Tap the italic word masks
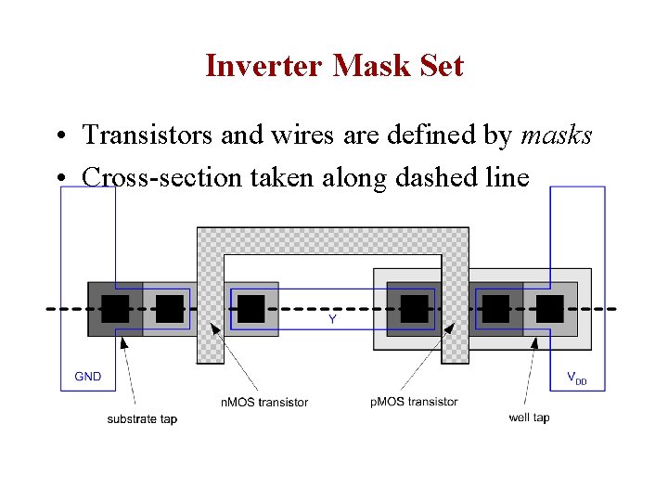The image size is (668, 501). (557, 135)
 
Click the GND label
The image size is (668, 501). (88, 377)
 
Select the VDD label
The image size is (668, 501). (576, 378)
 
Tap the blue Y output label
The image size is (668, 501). (332, 319)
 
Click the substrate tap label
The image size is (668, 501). (142, 418)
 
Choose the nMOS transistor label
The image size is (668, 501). (264, 402)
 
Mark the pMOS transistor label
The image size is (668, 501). (414, 402)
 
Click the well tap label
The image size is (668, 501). (529, 417)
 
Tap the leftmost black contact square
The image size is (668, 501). (115, 309)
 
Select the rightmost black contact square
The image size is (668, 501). (550, 309)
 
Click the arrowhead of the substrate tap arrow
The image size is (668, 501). (123, 340)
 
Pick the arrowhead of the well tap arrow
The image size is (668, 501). (535, 340)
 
